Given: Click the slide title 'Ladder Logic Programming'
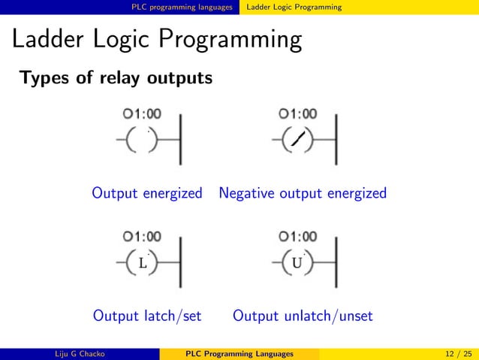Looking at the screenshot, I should point(156,41).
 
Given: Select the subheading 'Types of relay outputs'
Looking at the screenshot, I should point(116,78).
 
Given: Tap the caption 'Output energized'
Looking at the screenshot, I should point(147,193).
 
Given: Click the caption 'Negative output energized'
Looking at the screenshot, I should point(303,193).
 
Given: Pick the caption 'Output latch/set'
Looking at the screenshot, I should point(146,316).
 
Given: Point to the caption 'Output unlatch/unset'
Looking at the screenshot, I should point(303,316).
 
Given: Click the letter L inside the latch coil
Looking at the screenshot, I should point(143,263).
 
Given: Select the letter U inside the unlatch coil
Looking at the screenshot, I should point(297,263).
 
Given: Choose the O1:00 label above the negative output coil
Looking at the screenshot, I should point(297,114).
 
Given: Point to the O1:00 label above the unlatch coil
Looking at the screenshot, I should point(297,237).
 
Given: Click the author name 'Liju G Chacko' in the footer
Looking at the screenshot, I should point(80,354).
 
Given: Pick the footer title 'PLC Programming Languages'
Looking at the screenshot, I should point(239,354).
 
